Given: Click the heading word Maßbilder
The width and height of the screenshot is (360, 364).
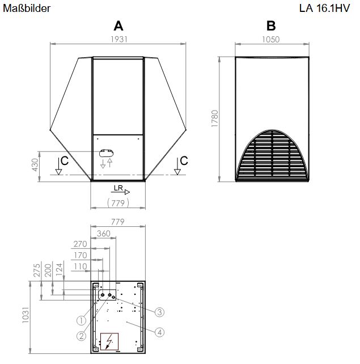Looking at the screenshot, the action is tap(27, 9).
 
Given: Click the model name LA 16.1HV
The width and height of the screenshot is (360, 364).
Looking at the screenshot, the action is tap(324, 9).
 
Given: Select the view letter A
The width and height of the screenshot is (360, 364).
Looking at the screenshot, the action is tap(118, 26).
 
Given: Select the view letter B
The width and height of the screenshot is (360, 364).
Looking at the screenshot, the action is tap(271, 26).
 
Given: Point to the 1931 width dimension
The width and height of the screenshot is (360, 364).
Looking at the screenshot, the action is tap(119, 39).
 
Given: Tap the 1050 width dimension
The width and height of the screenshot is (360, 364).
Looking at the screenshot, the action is tap(271, 39).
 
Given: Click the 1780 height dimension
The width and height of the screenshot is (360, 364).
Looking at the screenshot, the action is tap(215, 118).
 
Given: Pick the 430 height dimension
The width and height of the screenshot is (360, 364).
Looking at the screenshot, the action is tap(35, 165).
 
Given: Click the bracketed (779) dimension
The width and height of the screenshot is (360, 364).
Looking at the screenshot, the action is tap(118, 203).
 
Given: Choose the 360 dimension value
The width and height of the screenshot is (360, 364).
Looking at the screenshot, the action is tap(104, 233).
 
